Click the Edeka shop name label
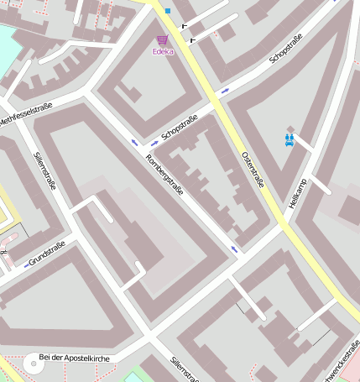pyautogui.click(x=163, y=52)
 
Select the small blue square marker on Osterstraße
pyautogui.click(x=168, y=11)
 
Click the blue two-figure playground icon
pyautogui.click(x=290, y=139)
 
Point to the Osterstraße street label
pyautogui.click(x=253, y=169)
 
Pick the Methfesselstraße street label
pyautogui.click(x=25, y=114)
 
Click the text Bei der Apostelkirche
pyautogui.click(x=75, y=358)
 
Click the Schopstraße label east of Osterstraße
pyautogui.click(x=284, y=50)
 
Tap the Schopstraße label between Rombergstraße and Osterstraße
pyautogui.click(x=179, y=127)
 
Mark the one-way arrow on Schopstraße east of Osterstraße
pyautogui.click(x=225, y=88)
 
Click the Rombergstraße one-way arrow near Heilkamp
pyautogui.click(x=234, y=249)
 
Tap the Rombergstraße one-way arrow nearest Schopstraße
pyautogui.click(x=134, y=143)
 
